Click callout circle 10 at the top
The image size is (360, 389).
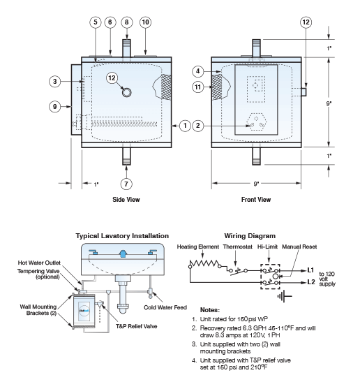tap(145, 23)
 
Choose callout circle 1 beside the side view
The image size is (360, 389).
tap(184, 126)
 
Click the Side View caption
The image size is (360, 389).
tap(126, 200)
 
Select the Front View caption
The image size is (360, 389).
tap(255, 200)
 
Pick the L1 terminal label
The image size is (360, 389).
tap(310, 268)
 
